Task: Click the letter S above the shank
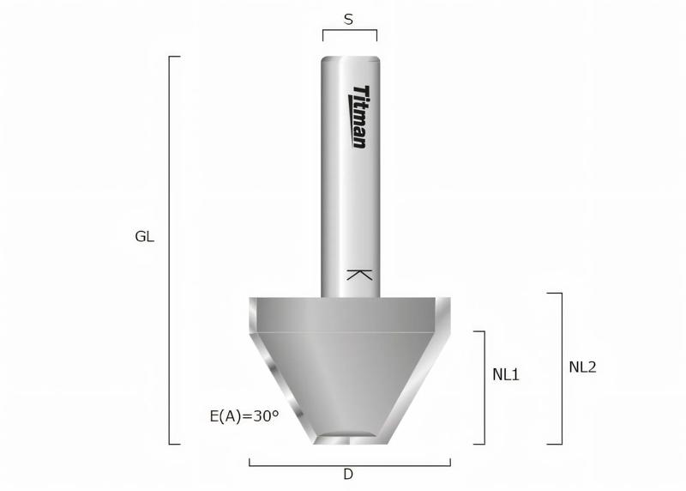point(349,19)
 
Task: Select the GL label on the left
point(145,236)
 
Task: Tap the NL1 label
point(506,375)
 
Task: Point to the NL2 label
point(582,367)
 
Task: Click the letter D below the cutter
point(348,474)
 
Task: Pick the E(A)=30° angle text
point(244,416)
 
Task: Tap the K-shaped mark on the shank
point(359,276)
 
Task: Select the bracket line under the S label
point(349,31)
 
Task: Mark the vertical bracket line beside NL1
point(484,386)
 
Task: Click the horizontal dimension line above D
point(349,464)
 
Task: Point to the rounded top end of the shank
point(351,60)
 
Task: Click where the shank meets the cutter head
point(351,297)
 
